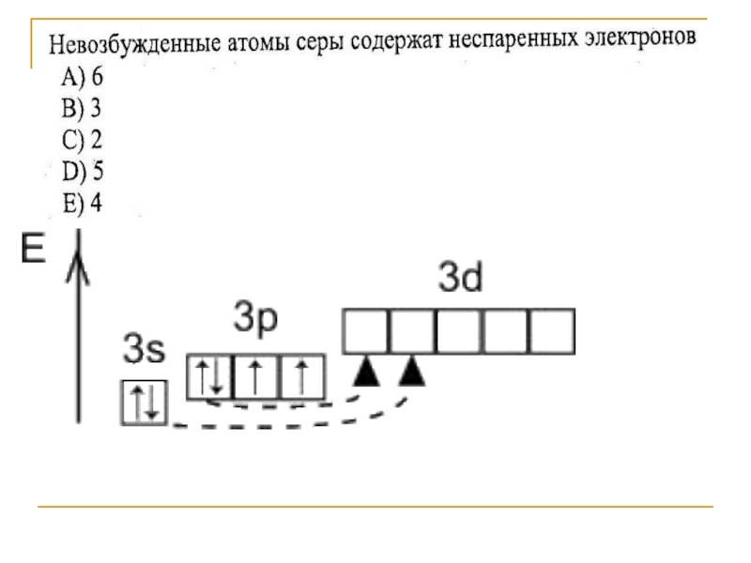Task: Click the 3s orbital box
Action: pyautogui.click(x=143, y=403)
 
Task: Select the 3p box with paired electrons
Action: pyautogui.click(x=209, y=376)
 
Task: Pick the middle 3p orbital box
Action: pyautogui.click(x=255, y=376)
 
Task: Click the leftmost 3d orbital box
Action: pyautogui.click(x=366, y=330)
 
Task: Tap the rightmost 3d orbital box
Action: pyautogui.click(x=550, y=330)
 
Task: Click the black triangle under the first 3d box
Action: pyautogui.click(x=365, y=373)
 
